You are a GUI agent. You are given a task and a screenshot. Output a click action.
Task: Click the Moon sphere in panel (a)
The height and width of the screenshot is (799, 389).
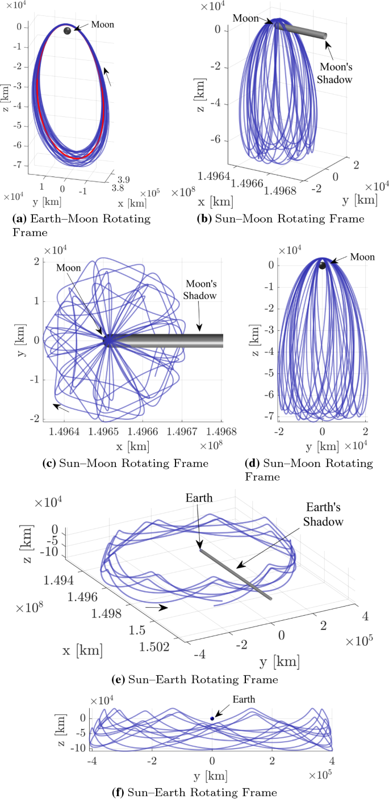(68, 31)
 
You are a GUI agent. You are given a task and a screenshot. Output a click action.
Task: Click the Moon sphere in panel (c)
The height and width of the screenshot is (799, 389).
(108, 340)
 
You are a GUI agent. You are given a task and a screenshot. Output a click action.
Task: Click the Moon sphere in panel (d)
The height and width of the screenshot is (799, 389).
(322, 266)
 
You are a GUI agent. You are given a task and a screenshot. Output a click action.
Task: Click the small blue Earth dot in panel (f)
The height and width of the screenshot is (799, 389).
(212, 718)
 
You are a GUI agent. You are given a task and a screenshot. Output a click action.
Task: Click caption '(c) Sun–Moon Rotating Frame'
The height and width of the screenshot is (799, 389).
(126, 463)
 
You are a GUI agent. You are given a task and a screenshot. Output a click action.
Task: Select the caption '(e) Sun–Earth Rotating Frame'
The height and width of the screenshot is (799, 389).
(195, 679)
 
